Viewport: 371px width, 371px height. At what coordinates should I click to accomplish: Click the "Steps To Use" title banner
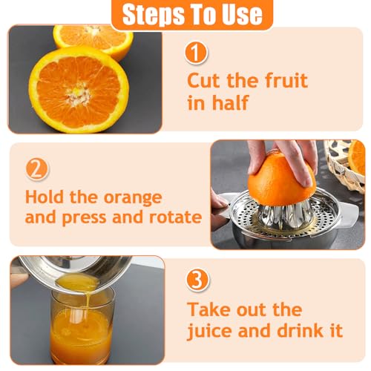191,14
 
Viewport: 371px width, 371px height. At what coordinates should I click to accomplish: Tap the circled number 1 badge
196,53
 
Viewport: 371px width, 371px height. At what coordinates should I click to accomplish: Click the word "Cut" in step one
203,80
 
